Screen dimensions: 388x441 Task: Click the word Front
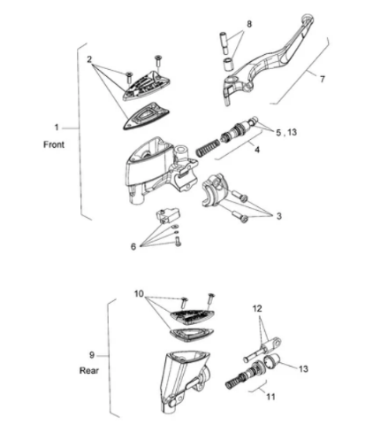[54, 144]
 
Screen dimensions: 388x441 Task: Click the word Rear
[88, 370]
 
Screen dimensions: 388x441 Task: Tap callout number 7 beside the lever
[322, 79]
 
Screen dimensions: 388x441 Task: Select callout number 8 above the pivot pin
[249, 24]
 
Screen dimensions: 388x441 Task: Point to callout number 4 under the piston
[257, 150]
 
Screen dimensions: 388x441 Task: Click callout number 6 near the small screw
[133, 246]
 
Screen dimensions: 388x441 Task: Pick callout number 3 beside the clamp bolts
[278, 216]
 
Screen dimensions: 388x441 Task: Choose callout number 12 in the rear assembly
[257, 309]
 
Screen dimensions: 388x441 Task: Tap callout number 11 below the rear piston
[270, 397]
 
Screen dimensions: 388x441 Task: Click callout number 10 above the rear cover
[139, 294]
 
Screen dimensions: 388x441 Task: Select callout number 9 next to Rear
[92, 355]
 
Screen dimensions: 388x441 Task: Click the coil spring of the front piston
[208, 147]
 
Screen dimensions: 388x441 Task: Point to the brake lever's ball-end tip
[308, 19]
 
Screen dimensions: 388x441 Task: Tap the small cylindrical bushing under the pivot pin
[227, 65]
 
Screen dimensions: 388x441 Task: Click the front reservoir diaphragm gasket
[146, 115]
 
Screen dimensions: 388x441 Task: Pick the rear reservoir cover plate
[192, 316]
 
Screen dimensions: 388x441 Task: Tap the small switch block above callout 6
[167, 215]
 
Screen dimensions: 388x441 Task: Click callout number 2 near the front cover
[89, 59]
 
